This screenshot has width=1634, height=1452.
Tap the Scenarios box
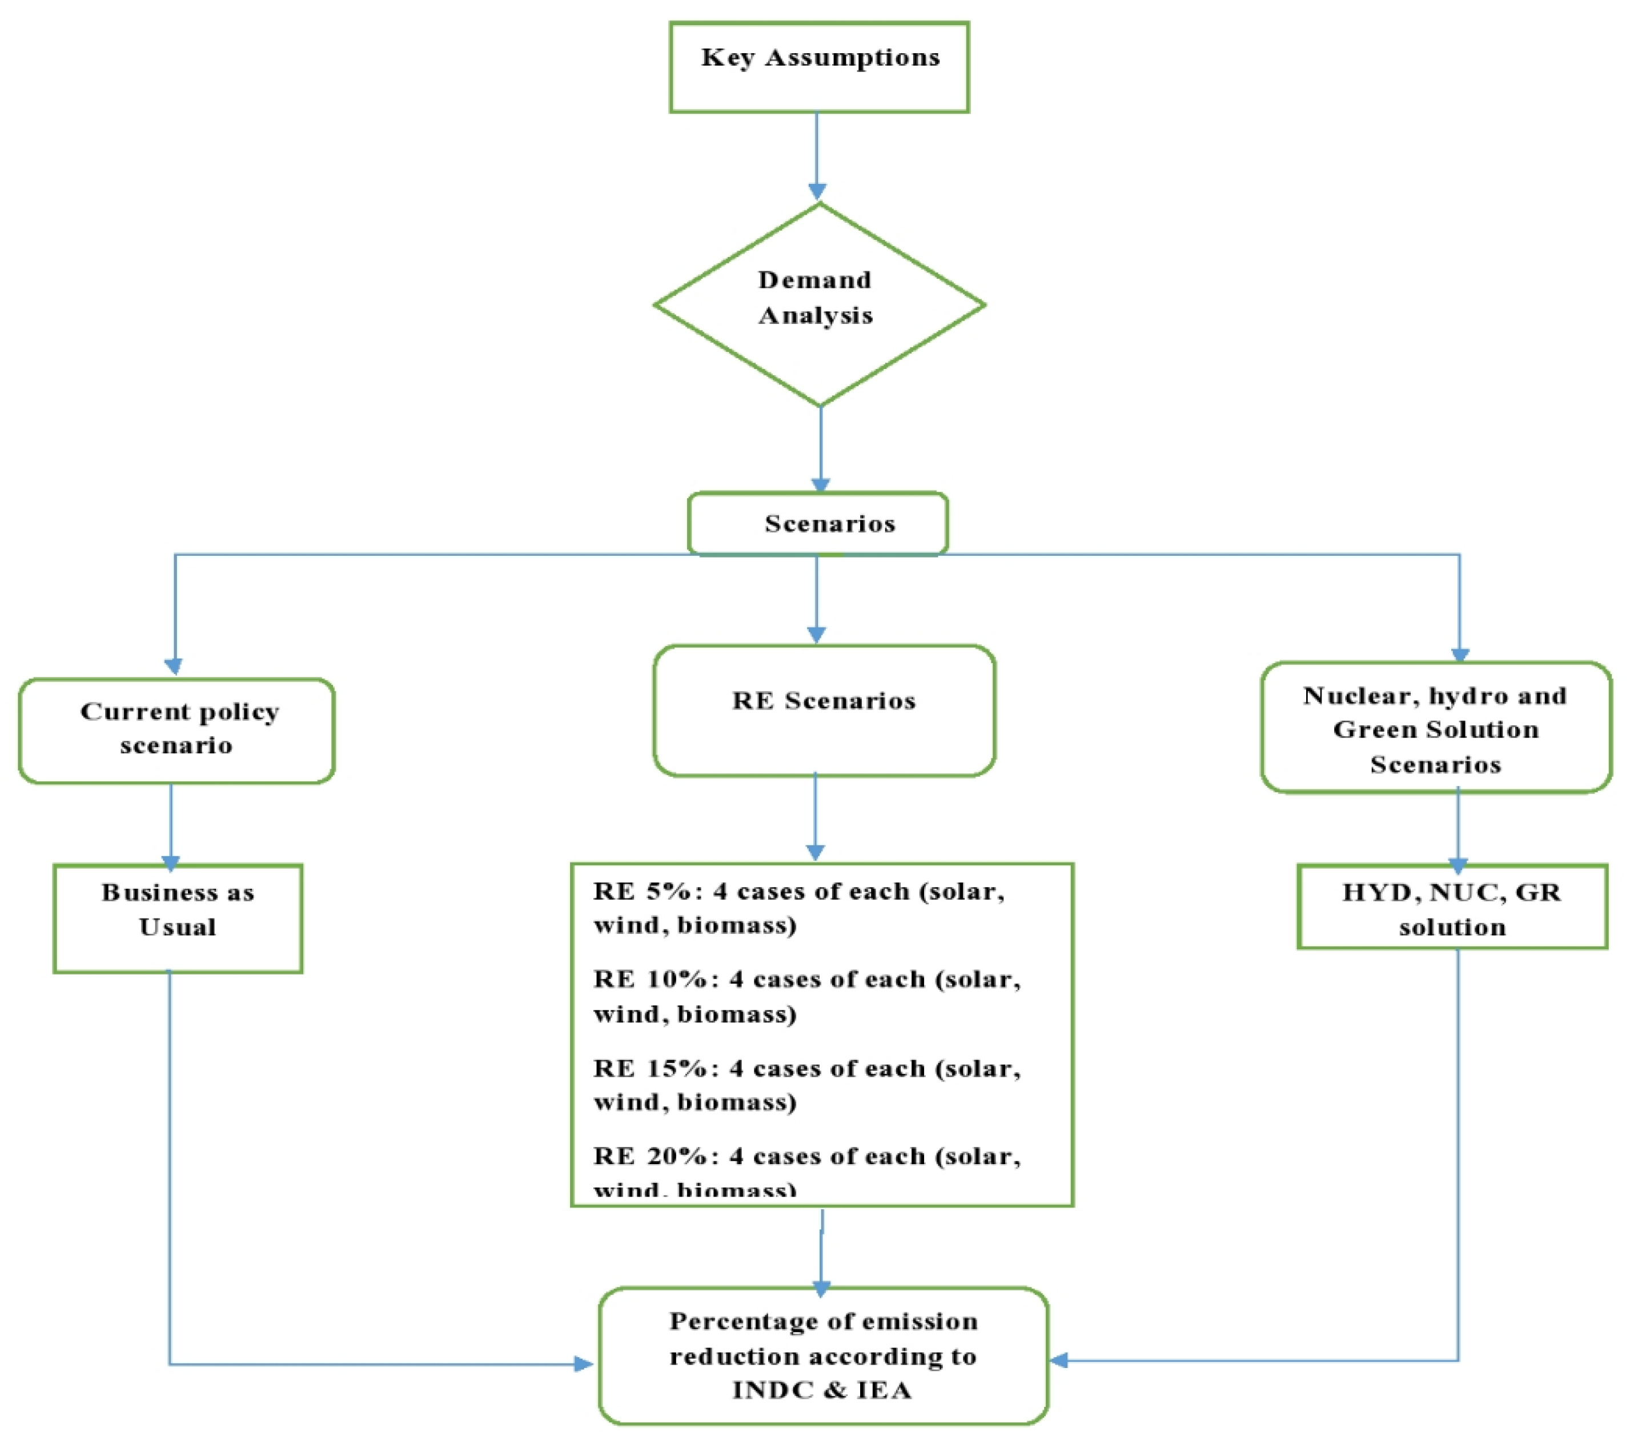coord(818,524)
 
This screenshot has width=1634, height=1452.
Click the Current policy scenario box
coord(176,730)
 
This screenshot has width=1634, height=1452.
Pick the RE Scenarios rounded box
coord(824,710)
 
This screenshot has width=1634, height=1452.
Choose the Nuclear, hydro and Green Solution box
coord(1436,728)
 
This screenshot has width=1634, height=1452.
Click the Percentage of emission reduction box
coord(824,1356)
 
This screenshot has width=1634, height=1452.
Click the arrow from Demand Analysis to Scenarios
coord(821,448)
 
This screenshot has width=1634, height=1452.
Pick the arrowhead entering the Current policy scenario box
coord(174,666)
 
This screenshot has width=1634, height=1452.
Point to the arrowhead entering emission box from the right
coord(1060,1360)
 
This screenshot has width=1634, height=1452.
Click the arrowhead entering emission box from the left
coord(584,1364)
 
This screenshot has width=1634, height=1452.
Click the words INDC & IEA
coord(822,1390)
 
